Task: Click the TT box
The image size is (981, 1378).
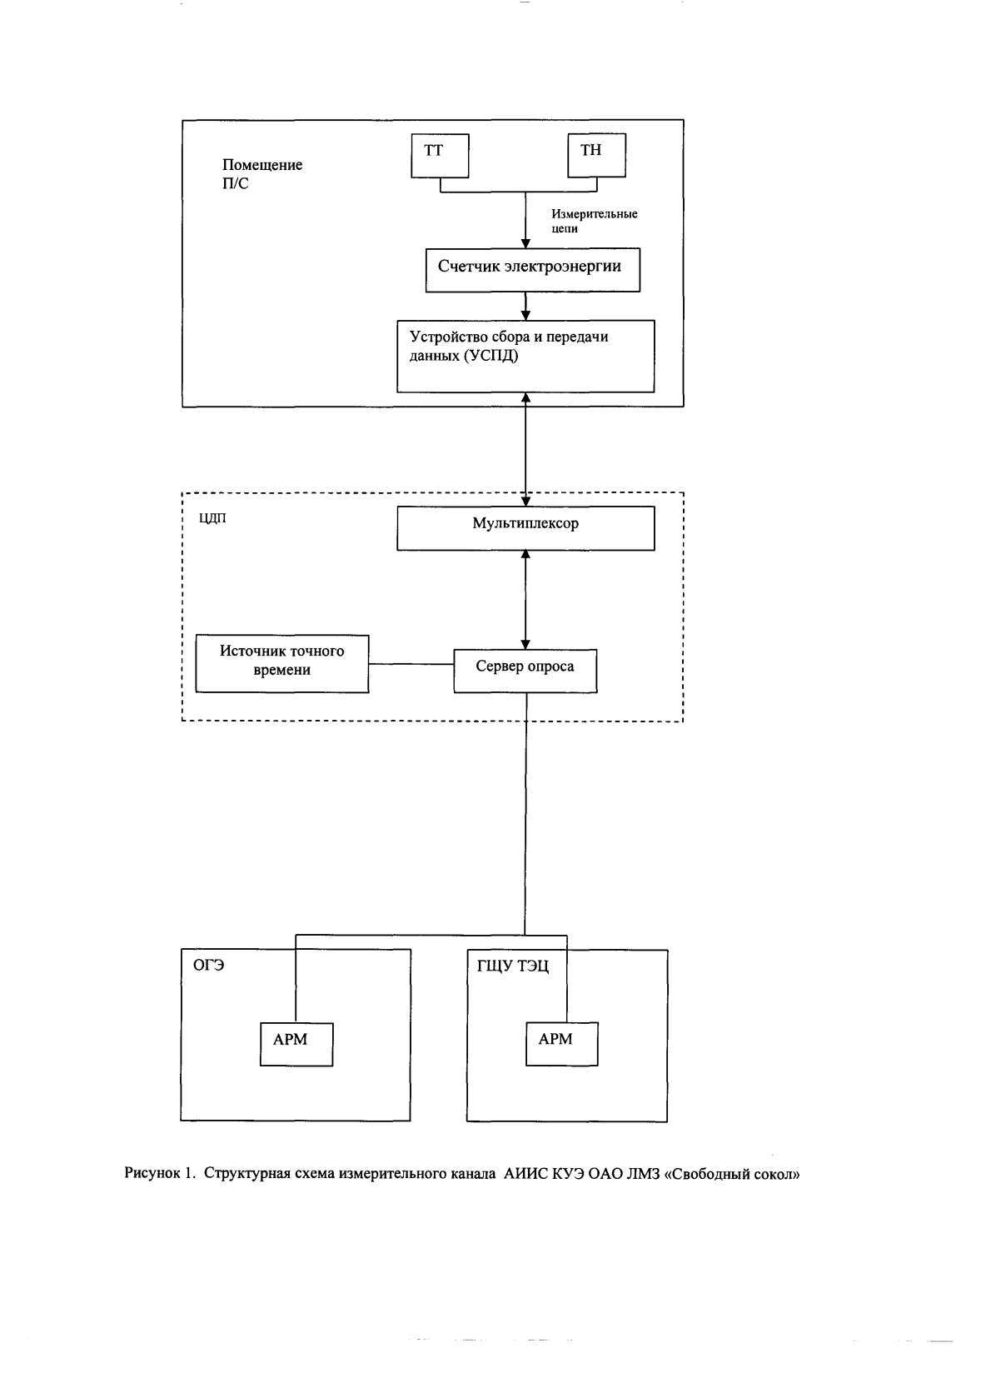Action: tap(440, 156)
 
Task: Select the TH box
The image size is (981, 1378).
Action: tap(596, 155)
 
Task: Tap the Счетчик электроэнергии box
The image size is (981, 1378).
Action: tap(533, 269)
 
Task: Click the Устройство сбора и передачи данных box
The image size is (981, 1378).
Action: tap(525, 357)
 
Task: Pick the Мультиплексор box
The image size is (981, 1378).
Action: tap(525, 528)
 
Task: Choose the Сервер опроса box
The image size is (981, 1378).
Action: tap(525, 671)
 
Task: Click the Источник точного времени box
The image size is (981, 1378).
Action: tap(282, 664)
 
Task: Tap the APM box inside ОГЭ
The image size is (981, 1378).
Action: tap(296, 1044)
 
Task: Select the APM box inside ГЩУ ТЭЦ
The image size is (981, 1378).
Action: tap(561, 1044)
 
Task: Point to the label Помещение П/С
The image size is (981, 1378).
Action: tap(262, 174)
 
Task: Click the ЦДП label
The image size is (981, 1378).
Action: tap(212, 518)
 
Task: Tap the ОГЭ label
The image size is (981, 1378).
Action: tap(208, 965)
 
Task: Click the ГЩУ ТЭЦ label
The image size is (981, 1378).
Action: tap(512, 966)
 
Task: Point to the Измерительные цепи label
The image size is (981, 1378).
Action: tap(594, 221)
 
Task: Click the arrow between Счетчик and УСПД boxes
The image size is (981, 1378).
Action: tap(525, 306)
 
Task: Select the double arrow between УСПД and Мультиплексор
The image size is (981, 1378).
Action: tap(525, 449)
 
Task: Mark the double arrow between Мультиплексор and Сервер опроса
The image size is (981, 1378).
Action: tap(525, 600)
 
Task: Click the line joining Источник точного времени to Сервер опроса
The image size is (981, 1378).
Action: tap(411, 664)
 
